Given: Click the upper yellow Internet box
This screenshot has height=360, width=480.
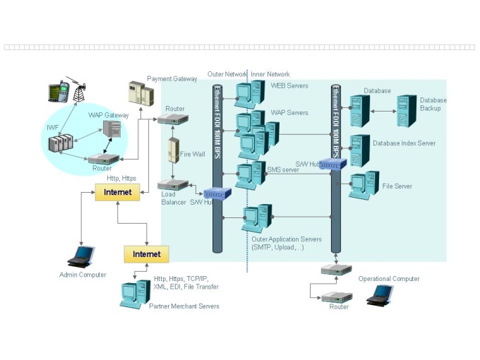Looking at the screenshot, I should [x=117, y=192].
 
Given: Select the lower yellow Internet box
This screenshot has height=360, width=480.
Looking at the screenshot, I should [x=146, y=253].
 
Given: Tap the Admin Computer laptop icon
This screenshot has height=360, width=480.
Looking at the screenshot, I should [x=83, y=255].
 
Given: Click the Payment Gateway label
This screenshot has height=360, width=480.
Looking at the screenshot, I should [x=172, y=79].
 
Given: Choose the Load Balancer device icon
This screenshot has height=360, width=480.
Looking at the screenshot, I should [x=173, y=185].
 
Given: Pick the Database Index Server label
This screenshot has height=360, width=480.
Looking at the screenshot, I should [x=404, y=143].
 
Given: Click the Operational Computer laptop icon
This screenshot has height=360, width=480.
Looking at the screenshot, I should [x=381, y=294].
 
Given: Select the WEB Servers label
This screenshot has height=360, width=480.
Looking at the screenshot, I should [x=289, y=85].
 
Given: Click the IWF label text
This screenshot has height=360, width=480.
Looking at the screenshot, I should [x=53, y=128].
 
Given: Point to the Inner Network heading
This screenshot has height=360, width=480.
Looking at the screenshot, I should [x=270, y=74].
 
